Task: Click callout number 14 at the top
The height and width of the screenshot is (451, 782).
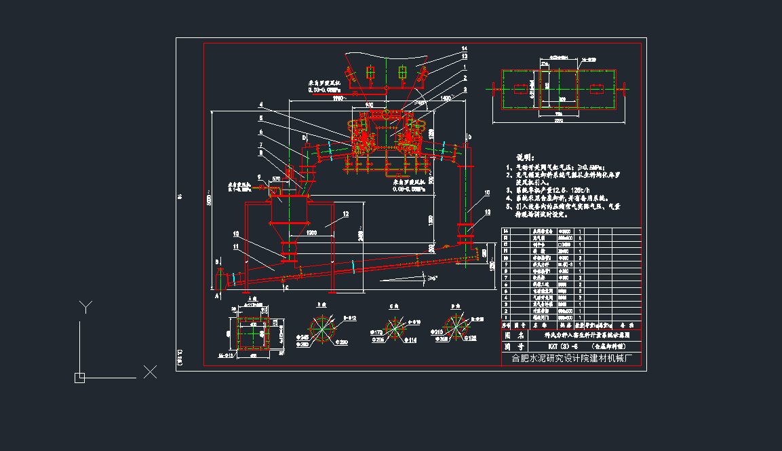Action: click(x=464, y=48)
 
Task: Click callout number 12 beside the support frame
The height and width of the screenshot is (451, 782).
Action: click(x=345, y=214)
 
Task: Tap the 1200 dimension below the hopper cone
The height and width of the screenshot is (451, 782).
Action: click(x=311, y=233)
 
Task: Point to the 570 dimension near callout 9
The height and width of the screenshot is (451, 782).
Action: click(x=276, y=179)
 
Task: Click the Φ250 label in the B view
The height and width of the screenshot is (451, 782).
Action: click(x=343, y=342)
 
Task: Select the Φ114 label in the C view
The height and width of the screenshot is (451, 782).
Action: click(x=410, y=340)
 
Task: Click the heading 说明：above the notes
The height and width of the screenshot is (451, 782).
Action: click(x=526, y=157)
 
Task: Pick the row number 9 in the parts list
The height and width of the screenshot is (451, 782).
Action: click(x=505, y=265)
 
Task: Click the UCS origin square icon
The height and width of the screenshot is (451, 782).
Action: click(x=79, y=378)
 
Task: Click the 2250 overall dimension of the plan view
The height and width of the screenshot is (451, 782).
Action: click(x=558, y=120)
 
